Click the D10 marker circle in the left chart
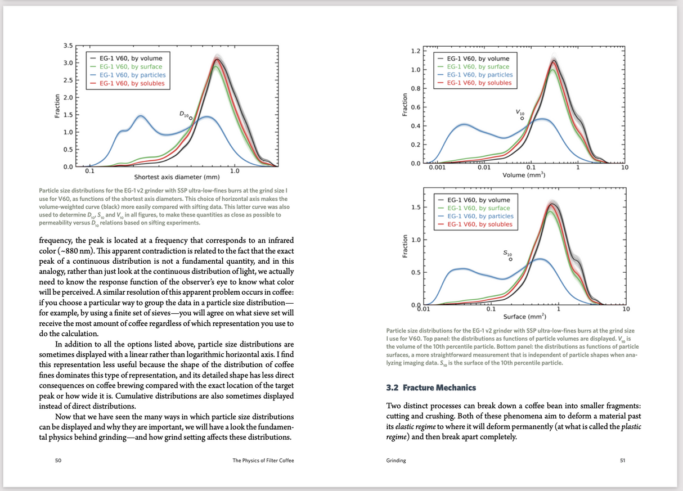(x=191, y=118)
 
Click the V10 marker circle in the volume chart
(x=522, y=118)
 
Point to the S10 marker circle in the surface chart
(x=511, y=259)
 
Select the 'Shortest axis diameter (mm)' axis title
(x=177, y=178)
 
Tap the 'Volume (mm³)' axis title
(x=524, y=175)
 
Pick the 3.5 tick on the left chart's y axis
(x=68, y=45)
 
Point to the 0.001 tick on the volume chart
(x=437, y=168)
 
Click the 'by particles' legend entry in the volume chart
(x=479, y=75)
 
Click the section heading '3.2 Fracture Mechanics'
(x=431, y=388)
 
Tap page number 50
(x=58, y=461)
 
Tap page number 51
(x=622, y=461)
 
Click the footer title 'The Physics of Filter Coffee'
(x=263, y=461)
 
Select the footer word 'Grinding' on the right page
(x=396, y=461)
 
